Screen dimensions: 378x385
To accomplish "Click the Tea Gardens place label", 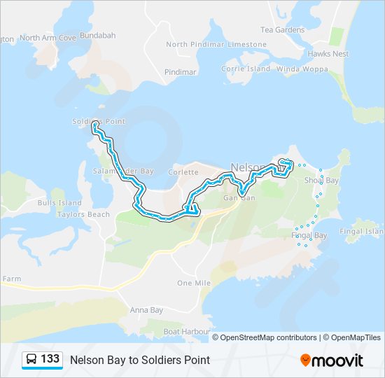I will tap(282, 30).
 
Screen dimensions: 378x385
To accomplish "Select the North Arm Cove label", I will tap(48, 38).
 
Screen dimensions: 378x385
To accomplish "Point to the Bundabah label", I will tap(98, 35).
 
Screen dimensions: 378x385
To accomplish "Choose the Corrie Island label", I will tap(245, 69).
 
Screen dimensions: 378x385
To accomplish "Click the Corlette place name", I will tap(183, 172).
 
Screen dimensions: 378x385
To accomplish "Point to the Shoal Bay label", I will tap(321, 181).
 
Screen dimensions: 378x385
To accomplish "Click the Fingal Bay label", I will tap(309, 236).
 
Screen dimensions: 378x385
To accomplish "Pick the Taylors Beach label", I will tap(83, 215).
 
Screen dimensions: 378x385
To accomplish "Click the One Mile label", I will tap(194, 283).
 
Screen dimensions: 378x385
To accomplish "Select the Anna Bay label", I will tap(146, 310).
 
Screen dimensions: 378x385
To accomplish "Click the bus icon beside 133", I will tap(31, 359).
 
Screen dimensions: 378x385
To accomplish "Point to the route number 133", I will tap(50, 359).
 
